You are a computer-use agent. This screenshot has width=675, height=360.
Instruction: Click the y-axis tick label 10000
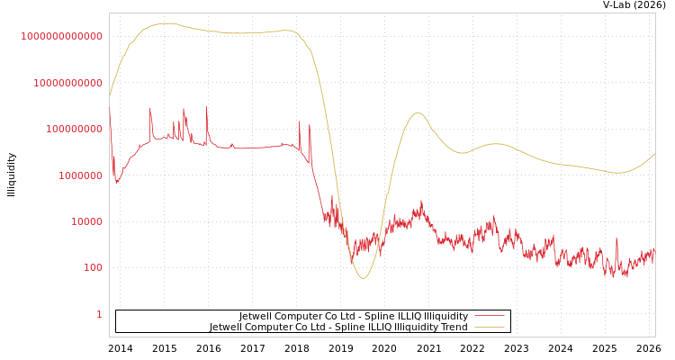coord(84,221)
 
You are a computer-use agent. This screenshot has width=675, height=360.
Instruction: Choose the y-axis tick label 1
coord(99,314)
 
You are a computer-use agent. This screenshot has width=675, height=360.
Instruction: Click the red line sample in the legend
coord(489,317)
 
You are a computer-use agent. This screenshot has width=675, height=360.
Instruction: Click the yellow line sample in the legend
coord(489,328)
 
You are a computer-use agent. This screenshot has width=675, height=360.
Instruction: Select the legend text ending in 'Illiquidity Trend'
coord(338,328)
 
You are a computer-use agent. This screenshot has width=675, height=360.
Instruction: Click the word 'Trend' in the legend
coord(454,328)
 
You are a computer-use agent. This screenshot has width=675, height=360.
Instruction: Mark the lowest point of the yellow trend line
coord(363,278)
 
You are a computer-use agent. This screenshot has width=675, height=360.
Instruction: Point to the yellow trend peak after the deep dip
coord(417,112)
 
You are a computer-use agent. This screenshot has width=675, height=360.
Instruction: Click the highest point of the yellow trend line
coord(167,23)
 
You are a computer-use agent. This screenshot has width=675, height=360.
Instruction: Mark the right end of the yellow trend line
coord(655,153)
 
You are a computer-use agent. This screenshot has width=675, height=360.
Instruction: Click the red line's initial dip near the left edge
coord(116,183)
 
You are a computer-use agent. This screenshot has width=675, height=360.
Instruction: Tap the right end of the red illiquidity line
coord(655,253)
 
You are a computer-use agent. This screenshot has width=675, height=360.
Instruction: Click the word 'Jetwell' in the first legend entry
coord(256,317)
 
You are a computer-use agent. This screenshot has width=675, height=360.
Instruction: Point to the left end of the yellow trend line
coord(110,95)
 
